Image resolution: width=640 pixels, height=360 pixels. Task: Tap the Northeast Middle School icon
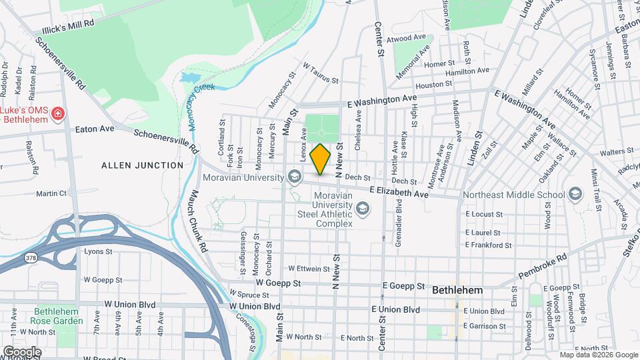pyautogui.click(x=575, y=195)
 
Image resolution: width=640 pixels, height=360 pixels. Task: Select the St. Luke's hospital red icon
pyautogui.click(x=58, y=113)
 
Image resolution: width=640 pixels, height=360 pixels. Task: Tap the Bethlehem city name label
pyautogui.click(x=457, y=291)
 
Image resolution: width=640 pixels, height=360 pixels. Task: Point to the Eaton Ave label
pyautogui.click(x=95, y=129)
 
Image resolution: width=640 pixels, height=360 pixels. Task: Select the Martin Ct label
pyautogui.click(x=51, y=193)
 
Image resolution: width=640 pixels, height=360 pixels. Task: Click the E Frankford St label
pyautogui.click(x=488, y=245)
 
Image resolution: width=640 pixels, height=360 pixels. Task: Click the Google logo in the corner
pyautogui.click(x=21, y=351)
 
